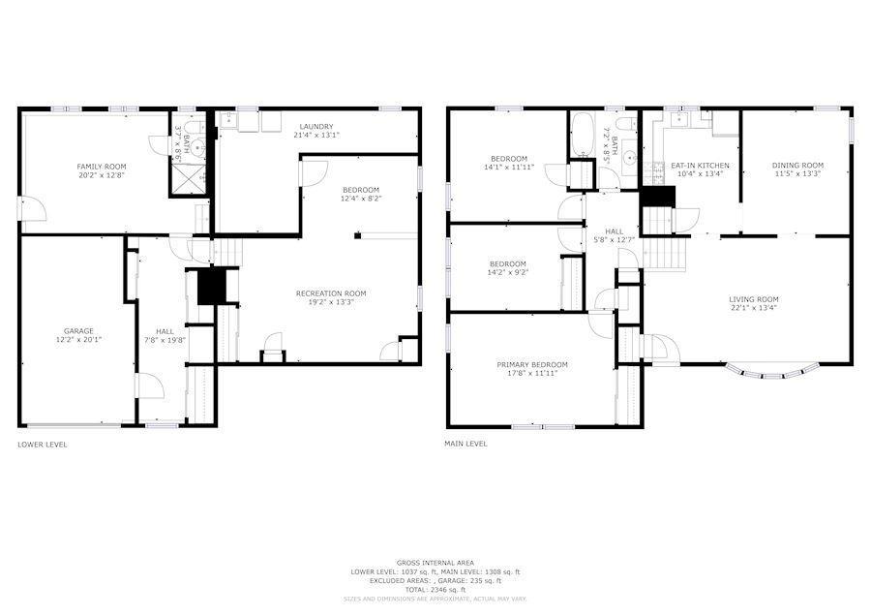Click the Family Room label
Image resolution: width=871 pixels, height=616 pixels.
(102, 167)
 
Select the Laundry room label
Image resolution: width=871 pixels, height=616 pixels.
(316, 126)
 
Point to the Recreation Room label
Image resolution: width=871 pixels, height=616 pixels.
(331, 293)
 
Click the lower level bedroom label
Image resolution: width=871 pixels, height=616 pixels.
(360, 190)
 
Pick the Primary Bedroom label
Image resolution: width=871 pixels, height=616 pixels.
(532, 365)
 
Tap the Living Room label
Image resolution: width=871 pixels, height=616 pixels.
(754, 299)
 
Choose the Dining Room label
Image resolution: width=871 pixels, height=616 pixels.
(797, 166)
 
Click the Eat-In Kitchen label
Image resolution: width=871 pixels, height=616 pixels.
(700, 166)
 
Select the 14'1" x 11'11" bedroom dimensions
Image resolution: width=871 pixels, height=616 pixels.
(508, 168)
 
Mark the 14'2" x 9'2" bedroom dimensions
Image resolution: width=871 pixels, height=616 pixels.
(507, 273)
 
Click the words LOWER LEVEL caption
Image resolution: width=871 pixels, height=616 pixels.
(43, 445)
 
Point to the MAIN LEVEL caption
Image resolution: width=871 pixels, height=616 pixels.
(466, 445)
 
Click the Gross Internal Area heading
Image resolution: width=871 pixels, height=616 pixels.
(435, 563)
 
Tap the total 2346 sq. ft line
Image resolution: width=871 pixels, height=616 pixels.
(435, 589)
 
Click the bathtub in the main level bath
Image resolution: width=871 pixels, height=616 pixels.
(584, 137)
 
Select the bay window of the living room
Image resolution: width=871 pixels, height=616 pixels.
(771, 370)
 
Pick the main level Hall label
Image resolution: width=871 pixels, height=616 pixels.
(615, 231)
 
